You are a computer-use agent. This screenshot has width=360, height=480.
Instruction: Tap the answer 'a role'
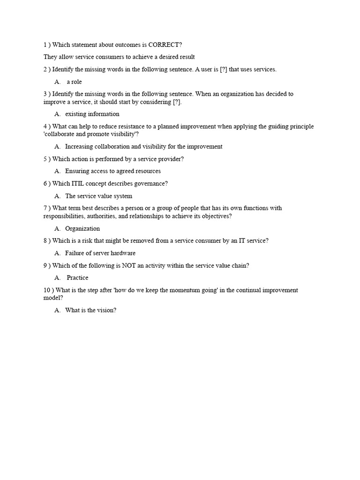(x=74, y=82)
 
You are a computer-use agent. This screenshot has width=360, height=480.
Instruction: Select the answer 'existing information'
(x=92, y=114)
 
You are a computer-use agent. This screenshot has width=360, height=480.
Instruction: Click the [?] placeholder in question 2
(x=225, y=69)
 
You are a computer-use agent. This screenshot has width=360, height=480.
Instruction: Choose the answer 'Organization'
(x=82, y=229)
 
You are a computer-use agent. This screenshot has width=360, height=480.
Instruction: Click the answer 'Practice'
(x=77, y=277)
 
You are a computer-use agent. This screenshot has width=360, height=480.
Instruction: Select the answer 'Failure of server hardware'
(x=100, y=253)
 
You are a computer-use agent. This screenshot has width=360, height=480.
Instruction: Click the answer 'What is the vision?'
(x=90, y=310)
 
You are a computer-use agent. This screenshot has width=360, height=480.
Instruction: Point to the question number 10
(x=47, y=290)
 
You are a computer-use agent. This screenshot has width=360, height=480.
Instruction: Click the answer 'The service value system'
(x=98, y=196)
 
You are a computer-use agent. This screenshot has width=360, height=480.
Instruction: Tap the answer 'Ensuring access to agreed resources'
(x=113, y=171)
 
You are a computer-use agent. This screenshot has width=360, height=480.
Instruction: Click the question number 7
(x=45, y=208)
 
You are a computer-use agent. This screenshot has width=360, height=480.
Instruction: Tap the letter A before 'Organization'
(x=57, y=229)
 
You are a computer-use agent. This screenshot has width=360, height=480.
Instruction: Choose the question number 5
(x=45, y=159)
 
